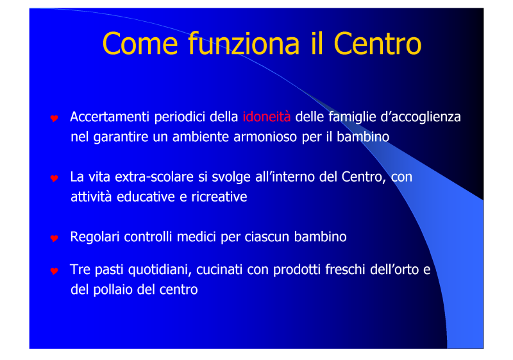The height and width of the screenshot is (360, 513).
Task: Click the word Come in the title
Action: coord(140,44)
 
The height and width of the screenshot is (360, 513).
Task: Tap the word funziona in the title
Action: coord(244,43)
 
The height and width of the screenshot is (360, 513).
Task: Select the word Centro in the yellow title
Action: coord(378,44)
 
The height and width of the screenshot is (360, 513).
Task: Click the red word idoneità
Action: coord(267,117)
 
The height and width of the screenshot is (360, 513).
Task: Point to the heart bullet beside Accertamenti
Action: coord(55,118)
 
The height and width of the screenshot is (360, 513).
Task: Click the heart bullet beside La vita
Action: coord(55,178)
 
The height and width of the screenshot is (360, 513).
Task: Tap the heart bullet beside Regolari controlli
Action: coord(55,238)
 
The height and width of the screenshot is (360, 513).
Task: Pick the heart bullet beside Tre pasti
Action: coord(55,271)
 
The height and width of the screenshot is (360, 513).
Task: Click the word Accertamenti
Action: coord(110,117)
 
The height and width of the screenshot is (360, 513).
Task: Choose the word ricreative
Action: coord(219,197)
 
